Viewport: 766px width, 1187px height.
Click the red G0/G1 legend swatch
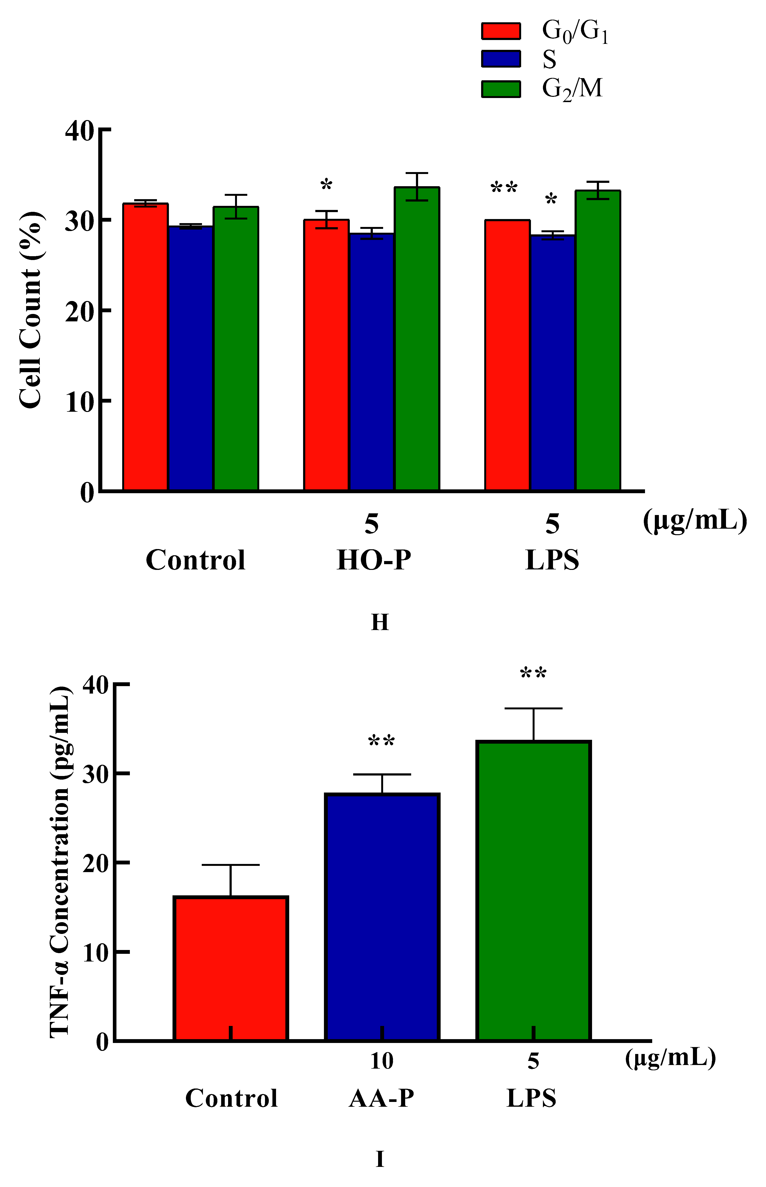coord(501,31)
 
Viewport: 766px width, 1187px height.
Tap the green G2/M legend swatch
coord(501,89)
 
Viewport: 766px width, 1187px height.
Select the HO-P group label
coord(374,560)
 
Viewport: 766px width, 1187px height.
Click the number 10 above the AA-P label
coord(381,1061)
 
